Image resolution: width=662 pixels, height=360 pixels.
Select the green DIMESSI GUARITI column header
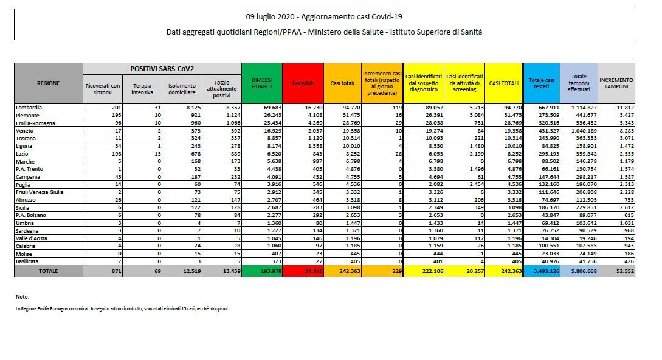[x=261, y=83]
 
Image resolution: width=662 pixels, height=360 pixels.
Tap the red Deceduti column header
[x=303, y=83]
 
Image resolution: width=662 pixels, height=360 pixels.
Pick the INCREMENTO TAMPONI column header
[x=616, y=83]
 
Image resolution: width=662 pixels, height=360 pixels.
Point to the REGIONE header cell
[x=49, y=83]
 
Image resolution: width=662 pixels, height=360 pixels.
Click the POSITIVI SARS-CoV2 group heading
[x=162, y=69]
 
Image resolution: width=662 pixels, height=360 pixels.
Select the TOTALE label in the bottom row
[x=49, y=271]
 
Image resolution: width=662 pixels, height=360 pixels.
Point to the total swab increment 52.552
[x=624, y=271]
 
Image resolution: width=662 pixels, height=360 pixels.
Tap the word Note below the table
[x=22, y=297]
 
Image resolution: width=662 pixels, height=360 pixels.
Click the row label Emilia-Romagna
[x=35, y=122]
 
